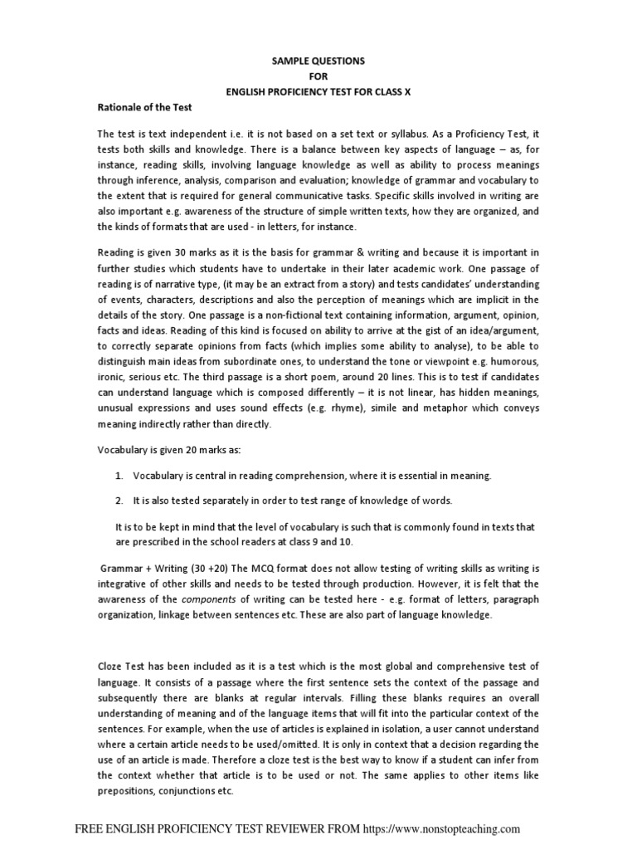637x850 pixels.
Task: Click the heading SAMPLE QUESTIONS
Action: tap(307, 61)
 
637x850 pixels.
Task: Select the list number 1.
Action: tap(119, 476)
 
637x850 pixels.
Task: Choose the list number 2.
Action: tap(119, 501)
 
